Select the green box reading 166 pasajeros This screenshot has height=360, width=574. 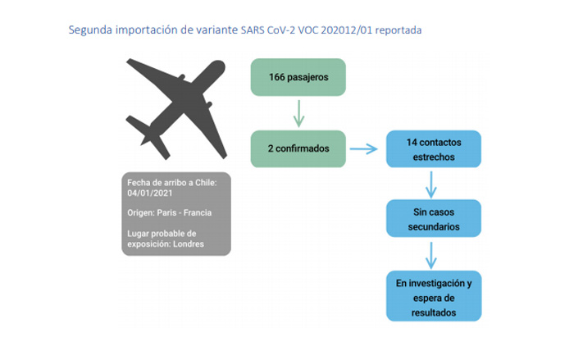[299, 77]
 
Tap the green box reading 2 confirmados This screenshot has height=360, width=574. [299, 149]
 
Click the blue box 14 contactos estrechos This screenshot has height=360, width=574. [434, 148]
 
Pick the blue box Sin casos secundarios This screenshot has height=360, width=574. [434, 218]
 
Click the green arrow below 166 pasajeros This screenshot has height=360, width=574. [298, 113]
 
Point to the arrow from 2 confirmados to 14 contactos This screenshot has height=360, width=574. [364, 149]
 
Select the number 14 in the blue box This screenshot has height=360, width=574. [412, 142]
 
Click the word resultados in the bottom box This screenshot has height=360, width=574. [434, 312]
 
